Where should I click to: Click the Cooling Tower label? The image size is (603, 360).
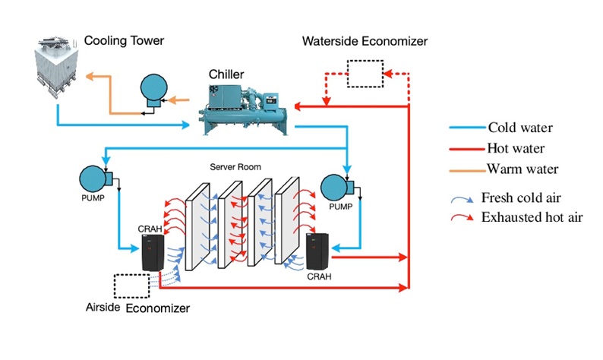tap(124, 39)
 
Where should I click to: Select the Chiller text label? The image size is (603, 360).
tap(226, 74)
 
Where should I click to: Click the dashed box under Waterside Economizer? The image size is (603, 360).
tap(364, 73)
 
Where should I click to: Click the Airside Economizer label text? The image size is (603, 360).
tap(137, 308)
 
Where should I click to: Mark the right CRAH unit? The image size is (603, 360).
tap(315, 251)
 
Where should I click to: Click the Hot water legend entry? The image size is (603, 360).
tap(517, 148)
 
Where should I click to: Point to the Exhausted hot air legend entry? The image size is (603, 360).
tap(532, 218)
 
